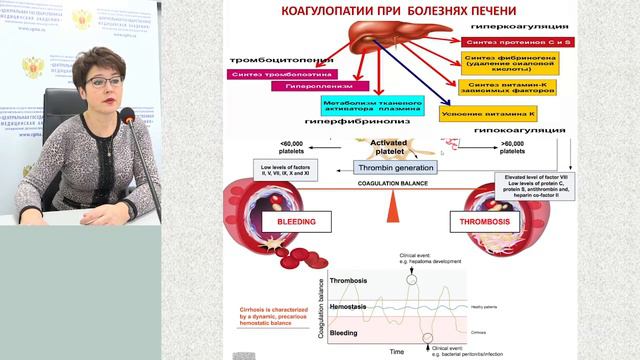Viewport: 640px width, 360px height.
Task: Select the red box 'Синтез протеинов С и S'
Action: pos(511,43)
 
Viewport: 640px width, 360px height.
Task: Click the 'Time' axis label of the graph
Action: pos(398,352)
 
